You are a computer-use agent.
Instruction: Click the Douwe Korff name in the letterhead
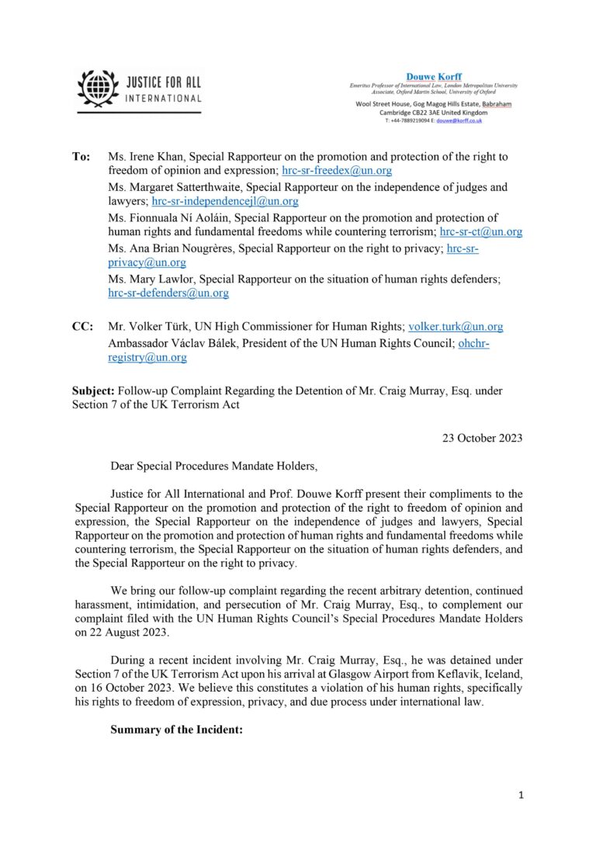coord(433,76)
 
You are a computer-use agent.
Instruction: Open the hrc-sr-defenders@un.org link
coord(168,293)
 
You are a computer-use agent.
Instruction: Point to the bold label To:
coord(81,157)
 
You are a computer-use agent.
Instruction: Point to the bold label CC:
coord(83,328)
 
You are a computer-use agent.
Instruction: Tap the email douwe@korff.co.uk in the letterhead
coord(459,120)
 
